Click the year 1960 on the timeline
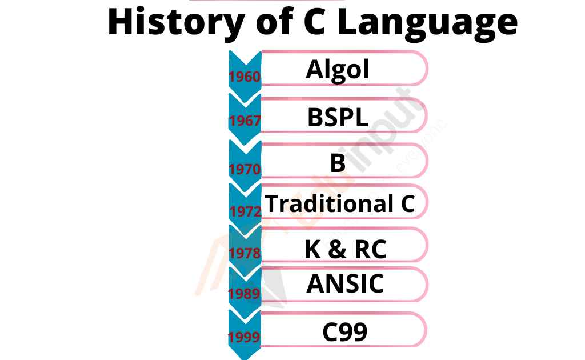point(245,77)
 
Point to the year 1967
point(245,121)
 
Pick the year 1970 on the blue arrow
point(245,169)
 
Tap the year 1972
point(246,211)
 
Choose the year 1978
point(245,253)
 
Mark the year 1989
point(244,294)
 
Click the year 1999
point(244,337)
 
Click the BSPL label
point(338,117)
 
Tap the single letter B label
point(338,163)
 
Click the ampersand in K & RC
point(338,250)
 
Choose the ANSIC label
point(345,283)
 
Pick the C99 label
point(344,332)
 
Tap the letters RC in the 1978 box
point(370,250)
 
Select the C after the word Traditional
point(408,204)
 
